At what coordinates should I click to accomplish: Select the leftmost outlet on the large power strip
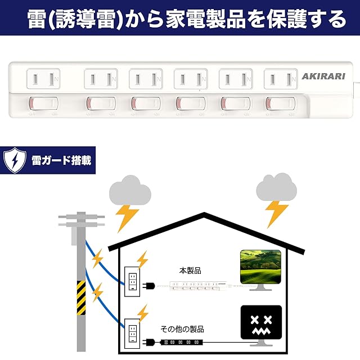click(43, 79)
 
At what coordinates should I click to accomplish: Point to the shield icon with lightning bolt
click(13, 160)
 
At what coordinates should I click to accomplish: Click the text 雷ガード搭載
click(61, 160)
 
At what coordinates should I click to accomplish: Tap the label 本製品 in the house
click(189, 271)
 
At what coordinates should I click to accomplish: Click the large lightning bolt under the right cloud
click(277, 213)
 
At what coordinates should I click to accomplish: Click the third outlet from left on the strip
click(146, 79)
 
